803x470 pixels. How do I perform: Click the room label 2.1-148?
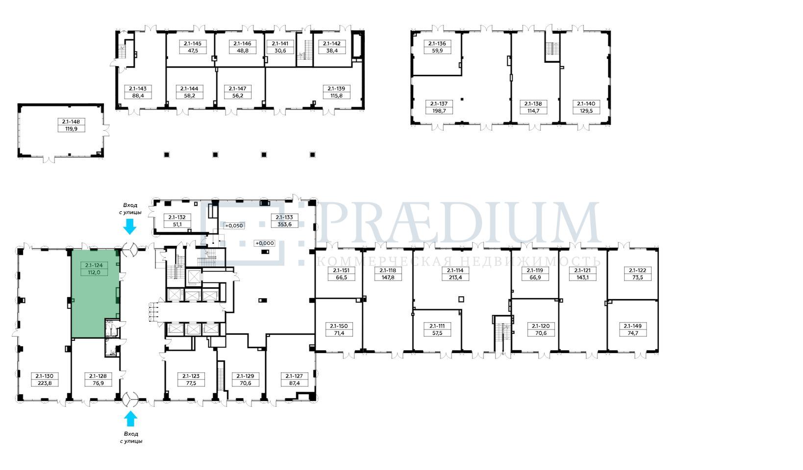[x=71, y=122]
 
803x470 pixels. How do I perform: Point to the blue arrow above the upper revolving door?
[x=130, y=227]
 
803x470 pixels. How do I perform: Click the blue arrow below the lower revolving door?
[x=130, y=419]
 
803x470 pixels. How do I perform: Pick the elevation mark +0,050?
[x=234, y=226]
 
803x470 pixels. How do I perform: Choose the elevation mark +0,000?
[x=265, y=243]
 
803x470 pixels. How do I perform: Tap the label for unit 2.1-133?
[x=284, y=217]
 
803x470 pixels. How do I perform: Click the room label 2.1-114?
[x=455, y=271]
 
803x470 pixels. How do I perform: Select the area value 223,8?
[x=45, y=383]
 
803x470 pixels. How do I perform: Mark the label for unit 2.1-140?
[x=586, y=104]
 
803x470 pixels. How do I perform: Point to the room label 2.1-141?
[x=279, y=44]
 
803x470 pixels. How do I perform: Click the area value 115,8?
[x=336, y=96]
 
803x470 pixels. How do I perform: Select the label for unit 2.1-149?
[x=633, y=326]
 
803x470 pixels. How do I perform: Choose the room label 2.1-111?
[x=437, y=326]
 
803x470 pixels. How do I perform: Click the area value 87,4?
[x=294, y=383]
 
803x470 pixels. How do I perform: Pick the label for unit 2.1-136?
[x=437, y=44]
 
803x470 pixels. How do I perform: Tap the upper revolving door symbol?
[x=130, y=250]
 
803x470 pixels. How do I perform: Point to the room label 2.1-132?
[x=177, y=217]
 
